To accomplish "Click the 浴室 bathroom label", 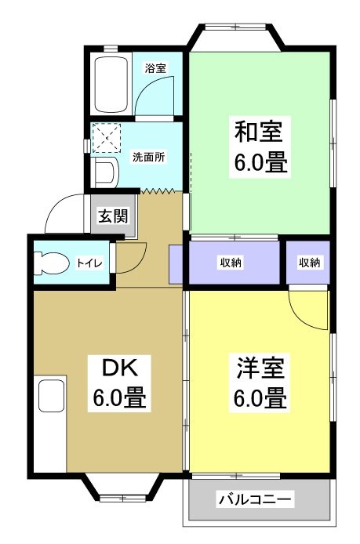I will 155,68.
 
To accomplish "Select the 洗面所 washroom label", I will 148,156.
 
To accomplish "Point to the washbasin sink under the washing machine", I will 104,172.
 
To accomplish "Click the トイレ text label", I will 88,263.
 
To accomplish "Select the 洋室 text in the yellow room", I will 259,367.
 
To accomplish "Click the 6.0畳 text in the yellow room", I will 259,399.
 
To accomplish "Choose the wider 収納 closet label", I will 231,263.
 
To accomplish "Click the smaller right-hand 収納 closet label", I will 309,263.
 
